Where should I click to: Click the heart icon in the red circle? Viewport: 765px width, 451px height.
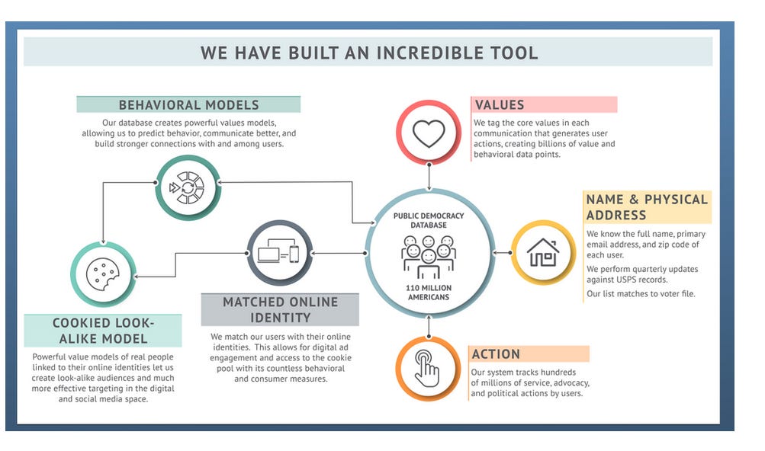(429, 133)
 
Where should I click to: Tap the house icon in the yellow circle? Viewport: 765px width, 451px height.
(542, 252)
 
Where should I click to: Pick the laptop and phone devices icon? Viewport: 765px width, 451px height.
(278, 253)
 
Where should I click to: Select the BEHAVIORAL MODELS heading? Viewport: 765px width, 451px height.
(188, 105)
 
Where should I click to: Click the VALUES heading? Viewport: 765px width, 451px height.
(500, 105)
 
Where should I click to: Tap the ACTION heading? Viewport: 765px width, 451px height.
(496, 354)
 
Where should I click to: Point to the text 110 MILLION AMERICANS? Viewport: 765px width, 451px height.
(428, 292)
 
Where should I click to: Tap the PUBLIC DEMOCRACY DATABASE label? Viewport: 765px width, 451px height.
(428, 220)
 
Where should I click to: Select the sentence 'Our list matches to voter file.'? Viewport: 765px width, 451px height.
(641, 293)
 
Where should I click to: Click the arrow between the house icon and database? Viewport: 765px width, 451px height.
(500, 252)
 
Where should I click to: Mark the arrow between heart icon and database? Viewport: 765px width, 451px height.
(429, 176)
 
